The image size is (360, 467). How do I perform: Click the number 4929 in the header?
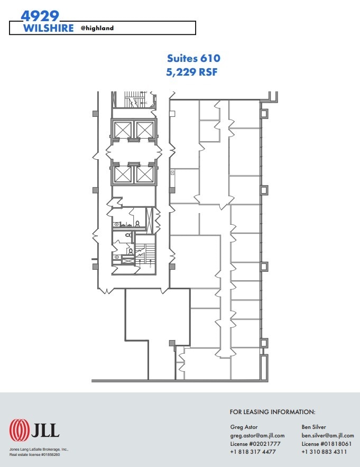40,15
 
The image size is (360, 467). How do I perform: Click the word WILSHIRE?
49,28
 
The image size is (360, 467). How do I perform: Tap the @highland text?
97,28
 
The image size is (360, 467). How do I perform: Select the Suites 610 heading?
193,59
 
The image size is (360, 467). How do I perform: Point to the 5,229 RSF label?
192,72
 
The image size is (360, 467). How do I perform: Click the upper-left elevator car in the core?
123,129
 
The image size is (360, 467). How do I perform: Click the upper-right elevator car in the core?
144,129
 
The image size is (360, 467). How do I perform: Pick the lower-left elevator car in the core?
123,174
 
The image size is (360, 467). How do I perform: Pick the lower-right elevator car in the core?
144,174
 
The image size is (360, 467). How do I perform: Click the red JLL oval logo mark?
20,431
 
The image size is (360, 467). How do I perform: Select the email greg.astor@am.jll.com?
257,435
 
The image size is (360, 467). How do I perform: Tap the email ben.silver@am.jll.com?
328,435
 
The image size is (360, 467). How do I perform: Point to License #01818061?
324,444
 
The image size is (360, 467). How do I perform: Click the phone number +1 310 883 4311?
324,452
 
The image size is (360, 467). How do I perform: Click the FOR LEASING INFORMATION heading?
272,411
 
